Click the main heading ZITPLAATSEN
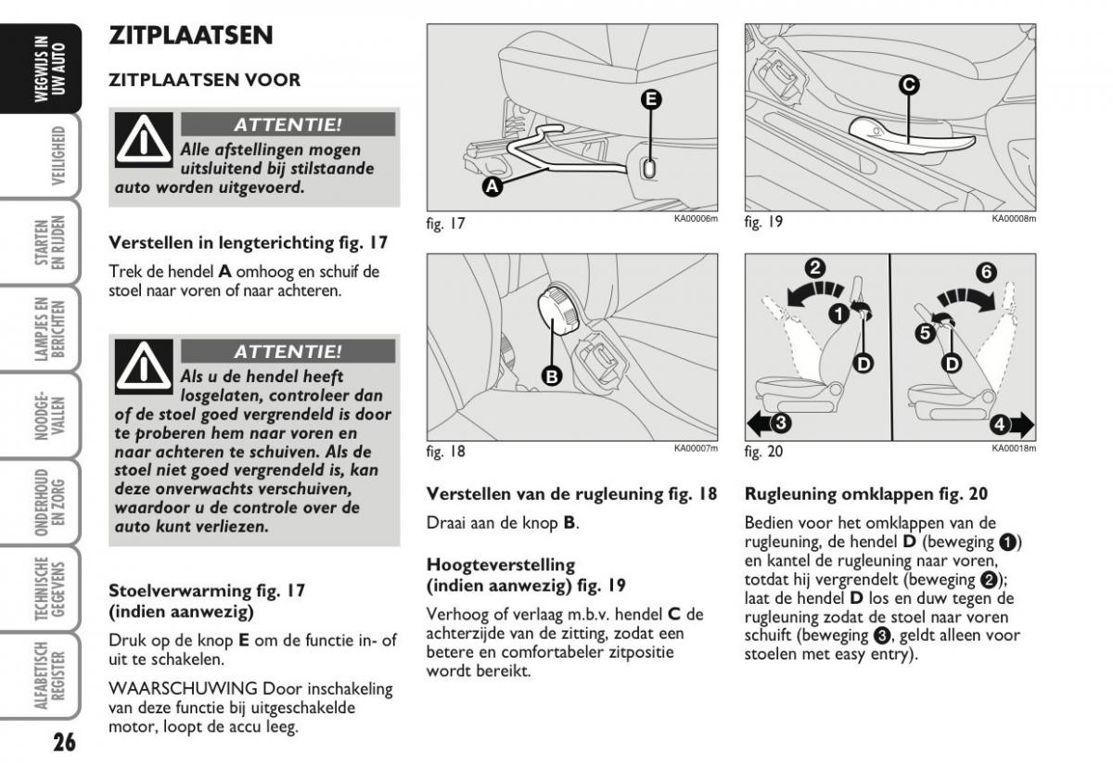(x=191, y=36)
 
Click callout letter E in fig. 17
(x=651, y=100)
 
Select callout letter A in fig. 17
(x=493, y=186)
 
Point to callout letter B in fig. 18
(x=552, y=376)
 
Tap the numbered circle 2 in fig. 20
(x=814, y=269)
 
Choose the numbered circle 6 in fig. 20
(x=986, y=272)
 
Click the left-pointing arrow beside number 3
(x=758, y=425)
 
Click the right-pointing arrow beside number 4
(x=1021, y=426)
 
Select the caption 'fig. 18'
(x=446, y=453)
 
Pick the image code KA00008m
(x=1013, y=219)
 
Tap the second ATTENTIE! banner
(x=288, y=352)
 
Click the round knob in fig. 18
(x=559, y=309)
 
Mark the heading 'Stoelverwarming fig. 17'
(x=208, y=590)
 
